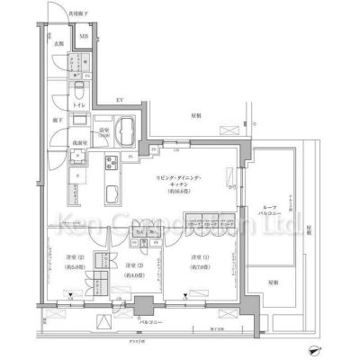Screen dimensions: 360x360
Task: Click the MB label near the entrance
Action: tap(84, 37)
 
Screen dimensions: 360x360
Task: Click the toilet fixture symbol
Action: tap(78, 92)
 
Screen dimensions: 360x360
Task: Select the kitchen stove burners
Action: tap(112, 165)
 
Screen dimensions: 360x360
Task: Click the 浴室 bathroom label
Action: tap(103, 131)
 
